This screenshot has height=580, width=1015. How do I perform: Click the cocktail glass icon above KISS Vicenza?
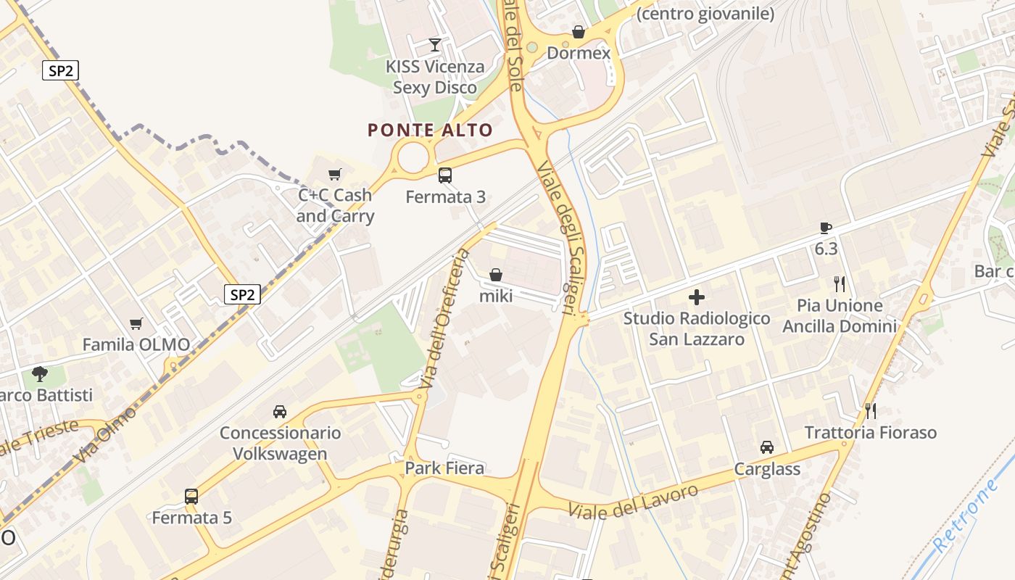[x=434, y=45]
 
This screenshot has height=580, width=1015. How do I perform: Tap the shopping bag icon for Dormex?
[x=579, y=32]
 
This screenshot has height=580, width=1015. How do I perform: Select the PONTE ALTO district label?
[x=430, y=130]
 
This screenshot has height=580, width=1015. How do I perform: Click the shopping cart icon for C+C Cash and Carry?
[x=334, y=174]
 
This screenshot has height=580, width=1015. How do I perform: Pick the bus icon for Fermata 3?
[x=445, y=175]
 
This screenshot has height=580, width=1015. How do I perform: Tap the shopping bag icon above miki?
[x=496, y=275]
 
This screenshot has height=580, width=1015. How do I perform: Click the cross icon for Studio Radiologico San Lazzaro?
[x=696, y=297]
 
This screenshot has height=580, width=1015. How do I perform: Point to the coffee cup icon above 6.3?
[x=825, y=228]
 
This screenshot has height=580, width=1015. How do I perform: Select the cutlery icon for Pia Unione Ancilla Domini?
[x=840, y=283]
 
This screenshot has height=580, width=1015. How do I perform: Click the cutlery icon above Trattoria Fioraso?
[x=871, y=411]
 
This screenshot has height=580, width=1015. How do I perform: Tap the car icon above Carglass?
[x=767, y=447]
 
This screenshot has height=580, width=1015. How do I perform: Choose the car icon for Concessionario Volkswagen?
[x=280, y=412]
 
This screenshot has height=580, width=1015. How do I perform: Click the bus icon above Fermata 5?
[x=191, y=497]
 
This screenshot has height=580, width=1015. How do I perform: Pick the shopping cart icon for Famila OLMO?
[x=136, y=323]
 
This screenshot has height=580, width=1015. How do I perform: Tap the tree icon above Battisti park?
[x=40, y=374]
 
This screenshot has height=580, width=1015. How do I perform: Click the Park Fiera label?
[x=444, y=468]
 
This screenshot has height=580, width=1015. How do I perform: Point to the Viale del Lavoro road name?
[x=634, y=501]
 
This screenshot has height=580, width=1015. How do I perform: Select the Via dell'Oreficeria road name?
[x=442, y=318]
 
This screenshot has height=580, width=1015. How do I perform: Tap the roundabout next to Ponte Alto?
[x=413, y=157]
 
